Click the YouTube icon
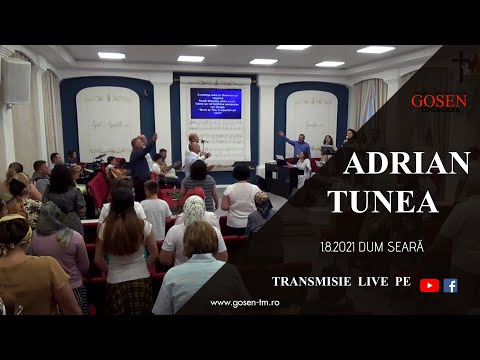430,285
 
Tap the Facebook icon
451,285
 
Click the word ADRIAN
406,163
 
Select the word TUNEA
383,201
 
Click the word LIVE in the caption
374,283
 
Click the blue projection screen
215,103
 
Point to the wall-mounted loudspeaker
16,82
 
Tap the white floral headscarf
193,209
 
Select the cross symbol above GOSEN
462,64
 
